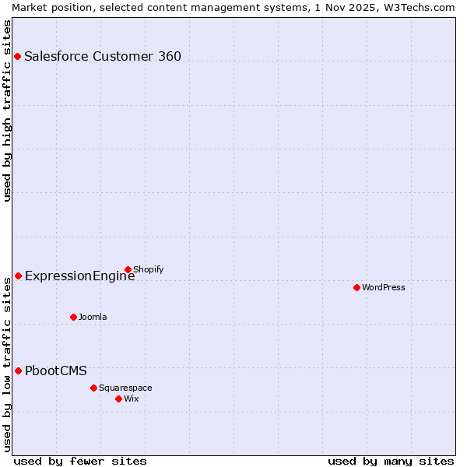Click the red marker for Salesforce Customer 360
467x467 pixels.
(17, 56)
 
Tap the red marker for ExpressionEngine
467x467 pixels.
(18, 276)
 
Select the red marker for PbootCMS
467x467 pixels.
(18, 370)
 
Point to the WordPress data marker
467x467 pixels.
(356, 287)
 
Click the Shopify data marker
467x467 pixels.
(128, 270)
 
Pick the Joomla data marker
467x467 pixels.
(73, 317)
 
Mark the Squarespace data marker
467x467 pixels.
(93, 388)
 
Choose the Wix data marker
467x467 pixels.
(118, 399)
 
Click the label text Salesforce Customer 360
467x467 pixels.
(103, 56)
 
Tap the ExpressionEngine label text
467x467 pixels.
(79, 276)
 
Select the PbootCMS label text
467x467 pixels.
(56, 370)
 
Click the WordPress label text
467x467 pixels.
(384, 287)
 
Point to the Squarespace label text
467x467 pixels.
(125, 388)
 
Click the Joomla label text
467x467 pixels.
(93, 317)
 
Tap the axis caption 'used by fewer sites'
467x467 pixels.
(80, 461)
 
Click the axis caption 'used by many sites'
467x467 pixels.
(391, 461)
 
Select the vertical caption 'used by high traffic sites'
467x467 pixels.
(7, 111)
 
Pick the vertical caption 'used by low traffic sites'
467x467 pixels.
(7, 364)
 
